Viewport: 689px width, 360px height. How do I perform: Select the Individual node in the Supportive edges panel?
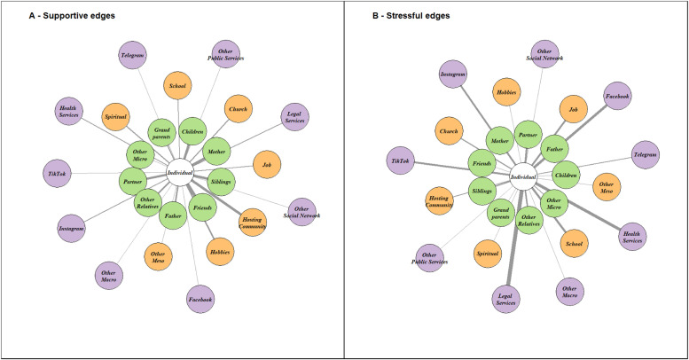coord(181,171)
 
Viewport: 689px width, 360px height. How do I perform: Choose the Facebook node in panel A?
coord(200,300)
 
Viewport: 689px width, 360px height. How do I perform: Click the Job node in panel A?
coord(265,164)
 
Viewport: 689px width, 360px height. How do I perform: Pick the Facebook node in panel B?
coord(616,95)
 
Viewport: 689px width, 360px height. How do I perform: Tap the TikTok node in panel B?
coord(399,161)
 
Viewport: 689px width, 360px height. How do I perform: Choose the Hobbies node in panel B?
coord(506,91)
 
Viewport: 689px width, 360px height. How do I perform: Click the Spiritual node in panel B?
coord(487,253)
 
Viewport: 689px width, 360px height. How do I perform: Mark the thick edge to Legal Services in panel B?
coord(513,244)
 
